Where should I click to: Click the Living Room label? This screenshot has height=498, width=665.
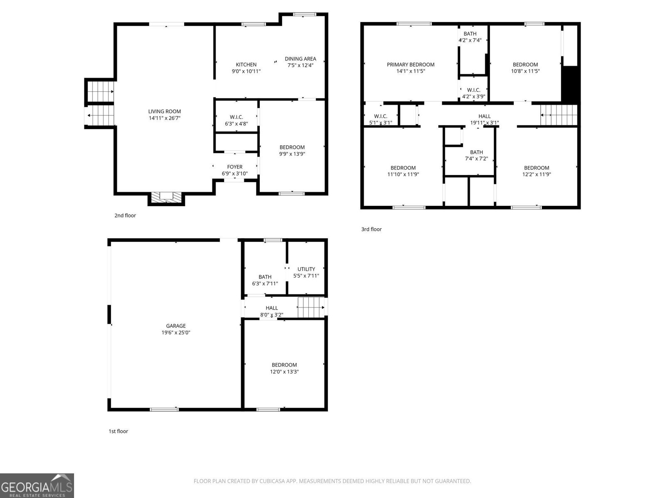pyautogui.click(x=165, y=111)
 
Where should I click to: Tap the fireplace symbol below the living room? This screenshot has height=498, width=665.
pyautogui.click(x=166, y=198)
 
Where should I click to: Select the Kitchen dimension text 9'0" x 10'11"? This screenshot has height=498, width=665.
pyautogui.click(x=246, y=71)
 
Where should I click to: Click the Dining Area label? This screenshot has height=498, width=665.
pyautogui.click(x=300, y=59)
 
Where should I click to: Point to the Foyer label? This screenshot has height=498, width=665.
pyautogui.click(x=235, y=167)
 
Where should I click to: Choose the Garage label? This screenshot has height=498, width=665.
pyautogui.click(x=176, y=326)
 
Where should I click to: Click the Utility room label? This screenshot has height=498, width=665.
pyautogui.click(x=306, y=269)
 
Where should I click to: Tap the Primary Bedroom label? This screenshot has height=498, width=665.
pyautogui.click(x=411, y=64)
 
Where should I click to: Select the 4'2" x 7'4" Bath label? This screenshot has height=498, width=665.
pyautogui.click(x=470, y=37)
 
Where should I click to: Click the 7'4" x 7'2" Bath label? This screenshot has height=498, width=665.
pyautogui.click(x=476, y=155)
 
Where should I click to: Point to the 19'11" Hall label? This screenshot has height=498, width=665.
pyautogui.click(x=484, y=120)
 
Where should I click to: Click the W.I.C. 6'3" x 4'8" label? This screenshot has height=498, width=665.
pyautogui.click(x=236, y=120)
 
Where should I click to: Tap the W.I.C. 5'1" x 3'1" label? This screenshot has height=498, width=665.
pyautogui.click(x=381, y=120)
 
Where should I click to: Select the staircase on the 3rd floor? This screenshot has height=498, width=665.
pyautogui.click(x=559, y=115)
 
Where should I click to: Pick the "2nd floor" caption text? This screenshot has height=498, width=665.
pyautogui.click(x=125, y=215)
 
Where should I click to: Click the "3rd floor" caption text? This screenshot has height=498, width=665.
pyautogui.click(x=371, y=229)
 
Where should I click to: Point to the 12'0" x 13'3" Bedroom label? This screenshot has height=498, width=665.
pyautogui.click(x=284, y=368)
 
